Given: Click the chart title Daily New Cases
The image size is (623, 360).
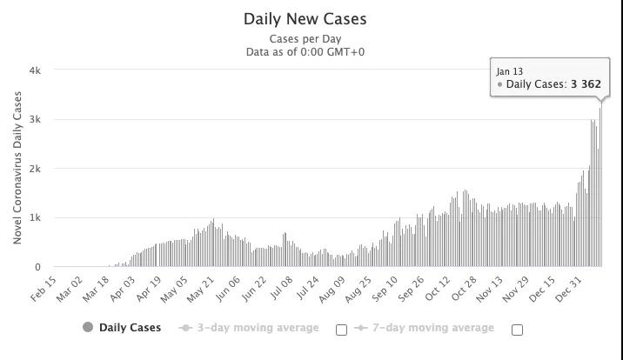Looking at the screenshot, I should [x=305, y=18].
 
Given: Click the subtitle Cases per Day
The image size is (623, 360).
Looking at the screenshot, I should [x=305, y=39].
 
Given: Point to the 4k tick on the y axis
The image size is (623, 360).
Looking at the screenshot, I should [x=36, y=70].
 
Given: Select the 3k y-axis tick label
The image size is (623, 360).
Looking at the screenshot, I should [x=36, y=119].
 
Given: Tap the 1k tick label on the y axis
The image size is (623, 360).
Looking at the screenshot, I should [x=36, y=217].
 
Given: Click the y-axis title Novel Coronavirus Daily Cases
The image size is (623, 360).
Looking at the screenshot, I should [x=17, y=168].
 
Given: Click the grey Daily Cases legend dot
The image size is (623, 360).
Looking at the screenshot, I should [x=87, y=328].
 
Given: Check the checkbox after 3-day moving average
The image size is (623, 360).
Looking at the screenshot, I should [x=341, y=330].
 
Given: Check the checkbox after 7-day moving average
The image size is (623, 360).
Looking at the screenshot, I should [x=517, y=330].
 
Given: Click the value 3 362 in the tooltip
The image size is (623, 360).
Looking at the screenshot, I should [x=586, y=84].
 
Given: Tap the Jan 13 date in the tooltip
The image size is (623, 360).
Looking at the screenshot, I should [x=509, y=70].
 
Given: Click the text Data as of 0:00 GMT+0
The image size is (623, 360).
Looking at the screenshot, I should [x=305, y=52].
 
